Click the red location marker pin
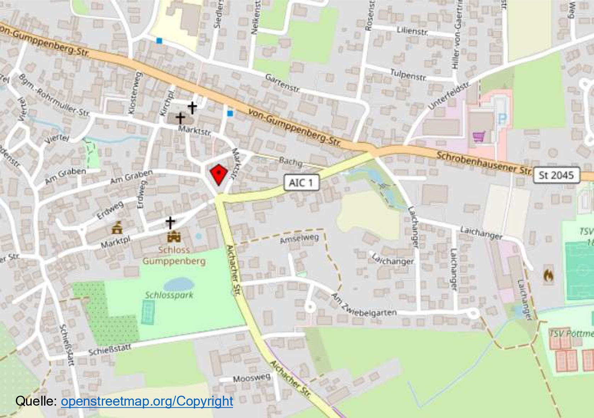point(218,174)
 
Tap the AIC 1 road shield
point(301,183)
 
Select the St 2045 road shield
point(556,175)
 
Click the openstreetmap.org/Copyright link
point(147,401)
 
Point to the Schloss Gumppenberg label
point(174,255)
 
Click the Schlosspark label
point(169,295)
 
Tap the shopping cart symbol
point(479,136)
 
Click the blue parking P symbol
point(502,119)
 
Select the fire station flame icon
point(548,275)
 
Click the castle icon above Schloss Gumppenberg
point(174,236)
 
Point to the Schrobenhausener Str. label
point(484,162)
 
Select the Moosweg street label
point(251,378)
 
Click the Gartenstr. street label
point(282,83)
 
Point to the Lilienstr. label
point(412,31)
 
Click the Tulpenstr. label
point(408,75)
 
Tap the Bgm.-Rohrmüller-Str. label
point(54,96)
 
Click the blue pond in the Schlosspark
point(179,284)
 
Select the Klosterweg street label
point(135,93)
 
